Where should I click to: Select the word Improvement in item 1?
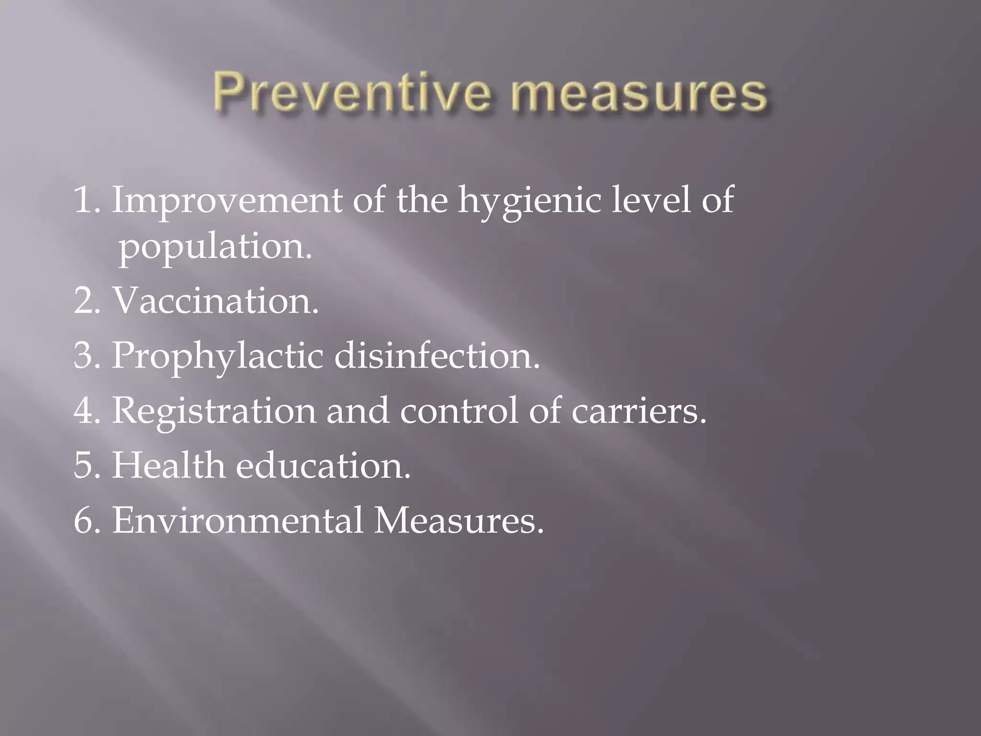click(x=227, y=200)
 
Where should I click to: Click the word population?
click(x=215, y=247)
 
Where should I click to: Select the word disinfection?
click(x=436, y=356)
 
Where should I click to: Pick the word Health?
click(x=168, y=465)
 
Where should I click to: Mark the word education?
click(x=323, y=465)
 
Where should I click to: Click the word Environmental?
click(x=237, y=520)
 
